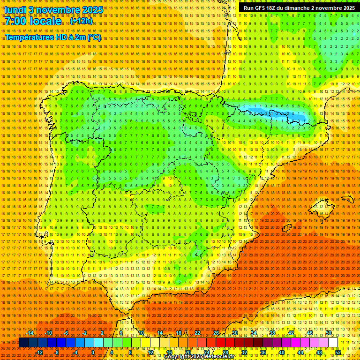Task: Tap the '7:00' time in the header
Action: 17,21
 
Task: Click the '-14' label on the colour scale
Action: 30,333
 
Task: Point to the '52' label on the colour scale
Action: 338,352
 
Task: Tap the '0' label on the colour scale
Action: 93,352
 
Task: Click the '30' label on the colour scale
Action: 235,333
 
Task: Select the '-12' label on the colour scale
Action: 39,352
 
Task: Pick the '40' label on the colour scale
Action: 281,352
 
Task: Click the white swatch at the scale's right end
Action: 333,343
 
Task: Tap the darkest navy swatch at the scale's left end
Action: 23,343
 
